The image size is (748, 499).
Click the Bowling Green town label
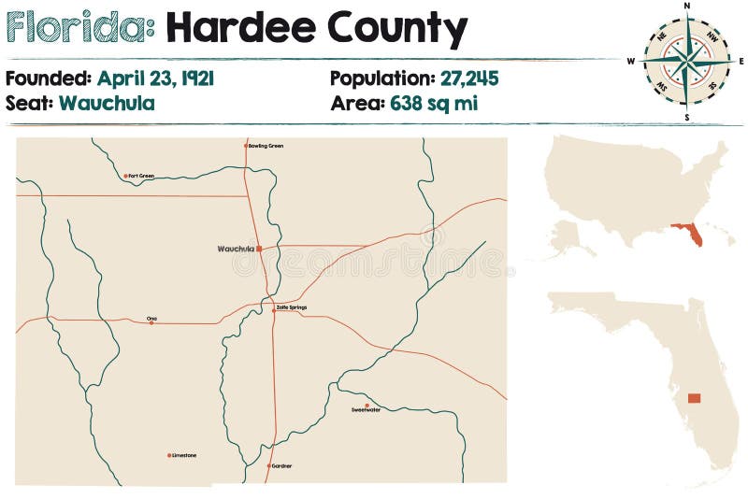pos(266,146)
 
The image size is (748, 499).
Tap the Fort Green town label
pos(142,176)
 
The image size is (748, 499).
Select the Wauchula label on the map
pos(235,249)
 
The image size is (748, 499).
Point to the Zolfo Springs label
pos(292,307)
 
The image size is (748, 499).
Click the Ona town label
pos(152,318)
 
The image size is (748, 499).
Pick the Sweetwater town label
pos(366,410)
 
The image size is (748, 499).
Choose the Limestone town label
pos(185,456)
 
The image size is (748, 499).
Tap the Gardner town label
pos(281,465)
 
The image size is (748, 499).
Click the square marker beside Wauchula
pos(259,249)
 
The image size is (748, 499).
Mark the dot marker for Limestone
pos(169,456)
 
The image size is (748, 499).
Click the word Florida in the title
pos(79,28)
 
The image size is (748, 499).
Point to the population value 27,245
pos(453,78)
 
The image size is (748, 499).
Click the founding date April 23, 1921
pos(155,78)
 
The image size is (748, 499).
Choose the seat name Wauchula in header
pos(107,103)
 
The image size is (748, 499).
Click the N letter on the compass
pos(687,6)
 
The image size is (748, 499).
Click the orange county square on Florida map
pos(694,398)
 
